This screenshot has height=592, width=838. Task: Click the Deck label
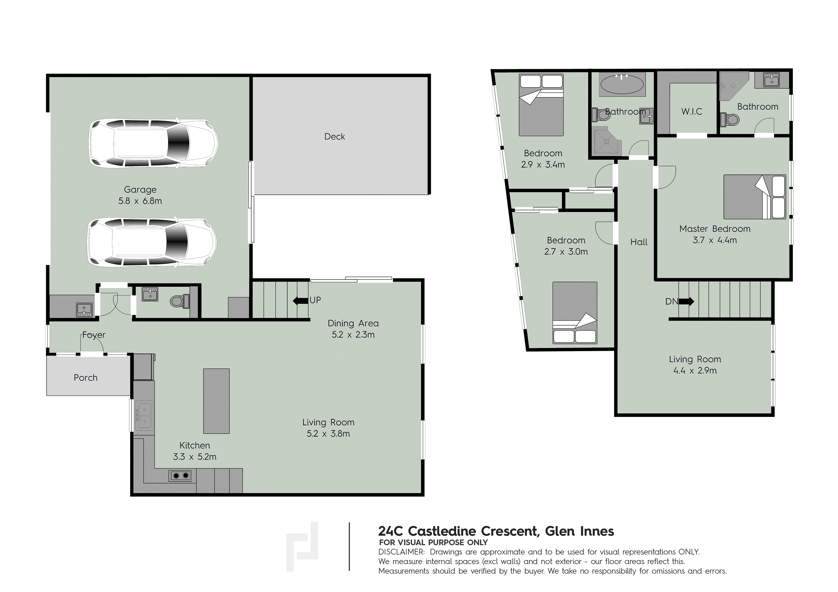tap(334, 136)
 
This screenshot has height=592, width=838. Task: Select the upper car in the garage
tap(153, 143)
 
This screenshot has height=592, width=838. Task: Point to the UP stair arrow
tap(300, 301)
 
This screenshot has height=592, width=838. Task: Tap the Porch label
tap(86, 378)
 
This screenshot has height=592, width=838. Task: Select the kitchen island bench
tap(216, 401)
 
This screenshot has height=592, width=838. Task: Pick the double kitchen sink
tap(144, 416)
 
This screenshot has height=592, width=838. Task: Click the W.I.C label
tap(692, 111)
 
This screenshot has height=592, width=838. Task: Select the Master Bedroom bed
tap(754, 197)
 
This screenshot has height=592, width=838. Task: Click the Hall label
tap(639, 242)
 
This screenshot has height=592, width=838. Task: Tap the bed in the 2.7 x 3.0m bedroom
tap(575, 313)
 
